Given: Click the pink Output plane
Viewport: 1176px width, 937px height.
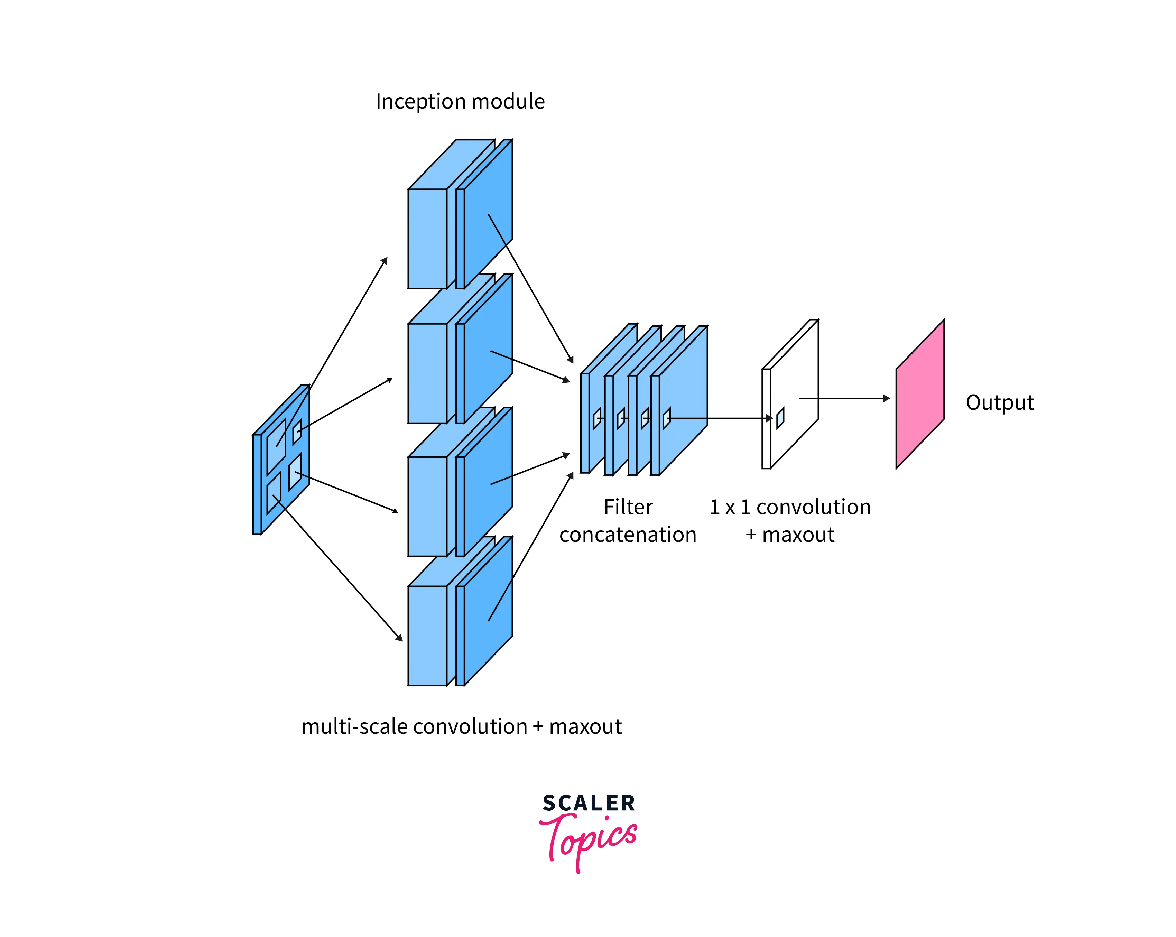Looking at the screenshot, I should [920, 394].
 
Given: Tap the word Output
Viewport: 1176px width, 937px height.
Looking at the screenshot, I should [999, 402].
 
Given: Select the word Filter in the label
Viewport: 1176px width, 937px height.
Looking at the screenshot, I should [628, 507].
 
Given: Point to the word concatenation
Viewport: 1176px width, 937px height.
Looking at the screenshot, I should [628, 535].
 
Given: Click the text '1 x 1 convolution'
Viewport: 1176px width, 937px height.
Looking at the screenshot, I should [790, 507].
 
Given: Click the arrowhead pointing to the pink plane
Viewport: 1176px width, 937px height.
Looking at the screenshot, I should [886, 398].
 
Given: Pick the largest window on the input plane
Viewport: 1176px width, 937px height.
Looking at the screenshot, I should [276, 446].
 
